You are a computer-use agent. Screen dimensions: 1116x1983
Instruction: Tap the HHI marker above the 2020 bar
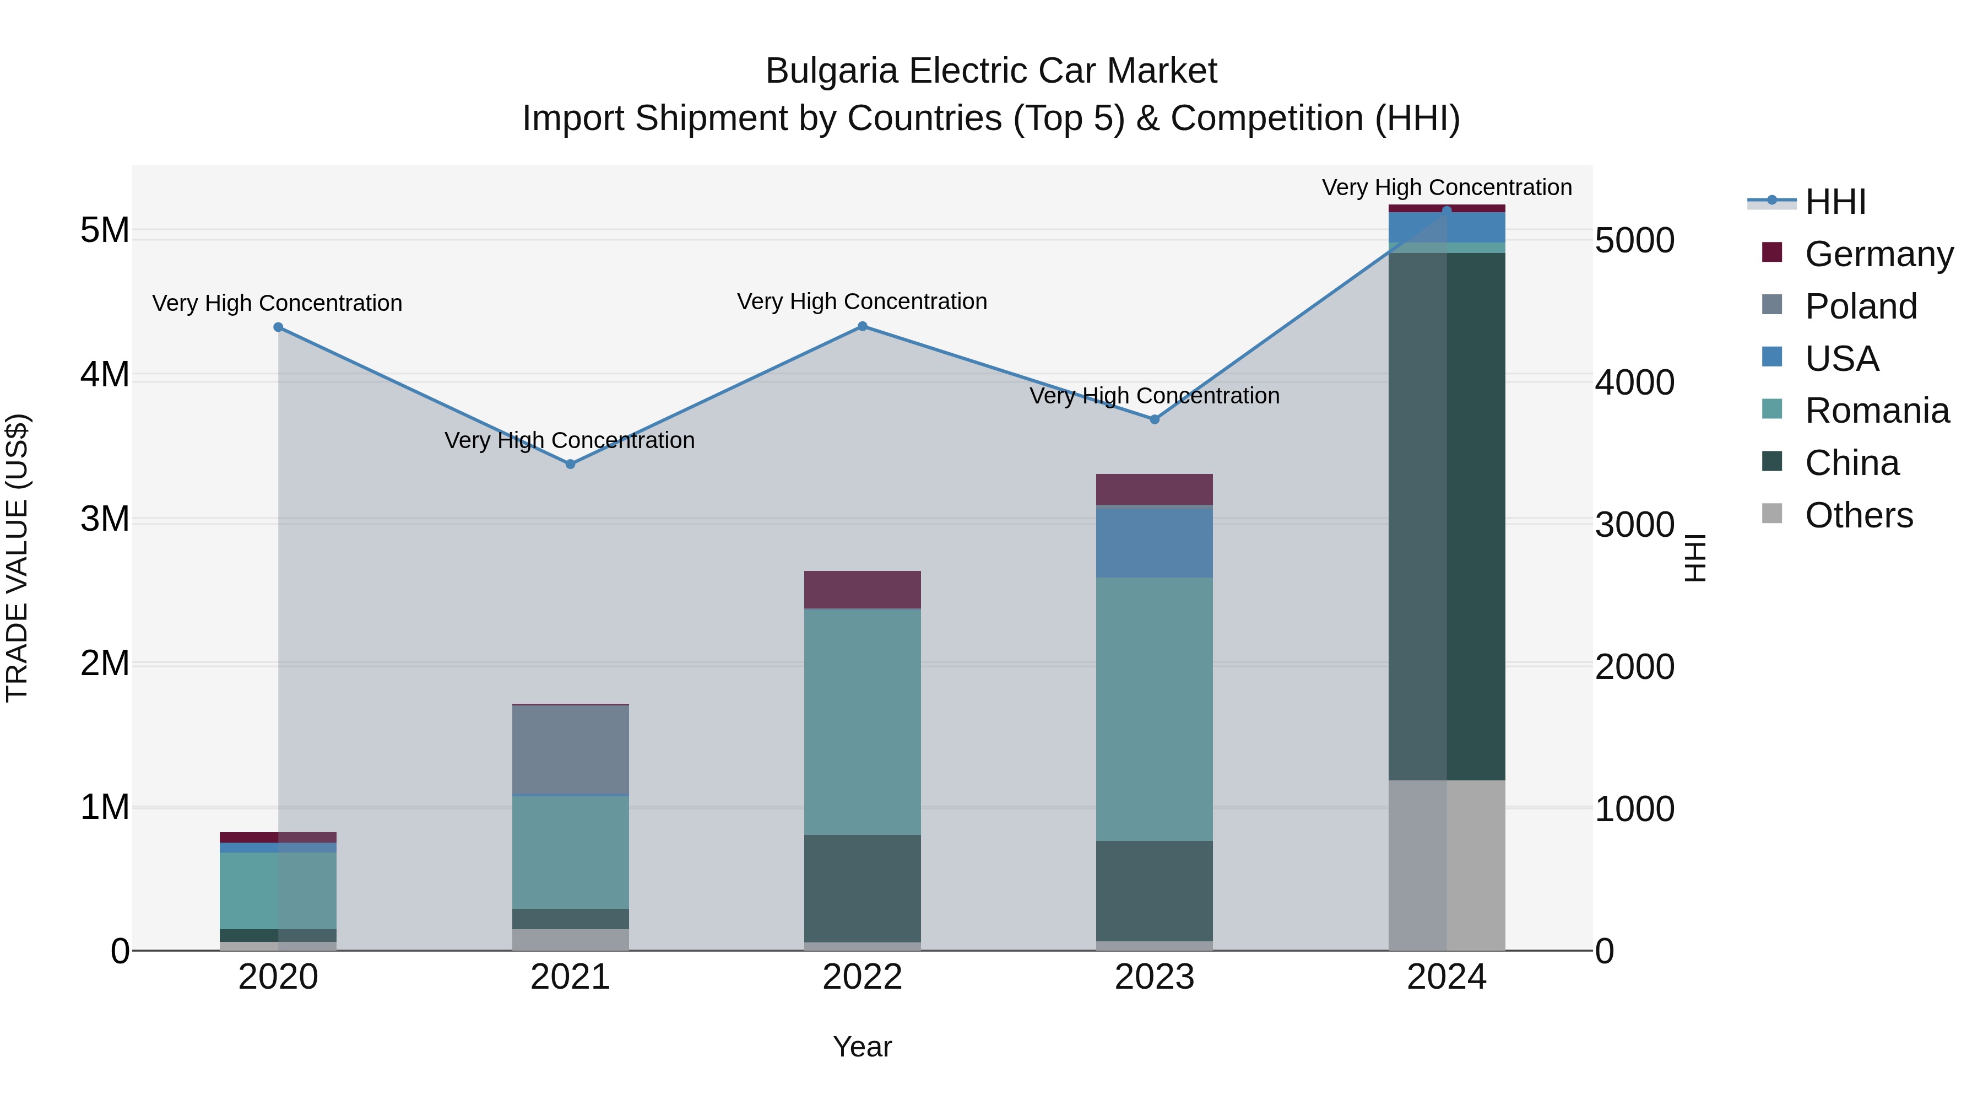(x=279, y=327)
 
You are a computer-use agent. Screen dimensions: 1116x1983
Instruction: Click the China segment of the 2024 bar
(x=1447, y=516)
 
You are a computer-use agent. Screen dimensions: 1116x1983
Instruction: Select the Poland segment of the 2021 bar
(x=571, y=750)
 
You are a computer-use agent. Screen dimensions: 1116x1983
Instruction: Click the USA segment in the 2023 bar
(x=1155, y=543)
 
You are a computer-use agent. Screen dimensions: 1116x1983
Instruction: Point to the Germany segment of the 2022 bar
(x=862, y=590)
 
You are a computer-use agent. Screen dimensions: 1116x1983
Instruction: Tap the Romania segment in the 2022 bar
(x=862, y=721)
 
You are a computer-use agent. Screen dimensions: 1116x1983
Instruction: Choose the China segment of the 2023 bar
(x=1155, y=891)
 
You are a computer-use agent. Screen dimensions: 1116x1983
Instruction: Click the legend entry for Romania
(x=1877, y=411)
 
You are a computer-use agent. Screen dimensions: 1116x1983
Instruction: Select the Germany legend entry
(x=1878, y=254)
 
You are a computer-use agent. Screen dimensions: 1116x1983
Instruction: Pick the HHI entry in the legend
(x=1835, y=202)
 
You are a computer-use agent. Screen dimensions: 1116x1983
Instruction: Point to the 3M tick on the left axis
(x=105, y=519)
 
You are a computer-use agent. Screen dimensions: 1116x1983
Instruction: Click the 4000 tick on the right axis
(x=1634, y=383)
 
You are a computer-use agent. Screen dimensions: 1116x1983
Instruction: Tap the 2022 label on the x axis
(x=862, y=977)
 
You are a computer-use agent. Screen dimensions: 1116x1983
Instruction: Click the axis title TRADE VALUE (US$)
(x=17, y=558)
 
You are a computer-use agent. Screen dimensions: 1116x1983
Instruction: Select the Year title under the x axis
(x=862, y=1047)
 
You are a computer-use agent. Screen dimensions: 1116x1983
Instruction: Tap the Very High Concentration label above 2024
(x=1447, y=187)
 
